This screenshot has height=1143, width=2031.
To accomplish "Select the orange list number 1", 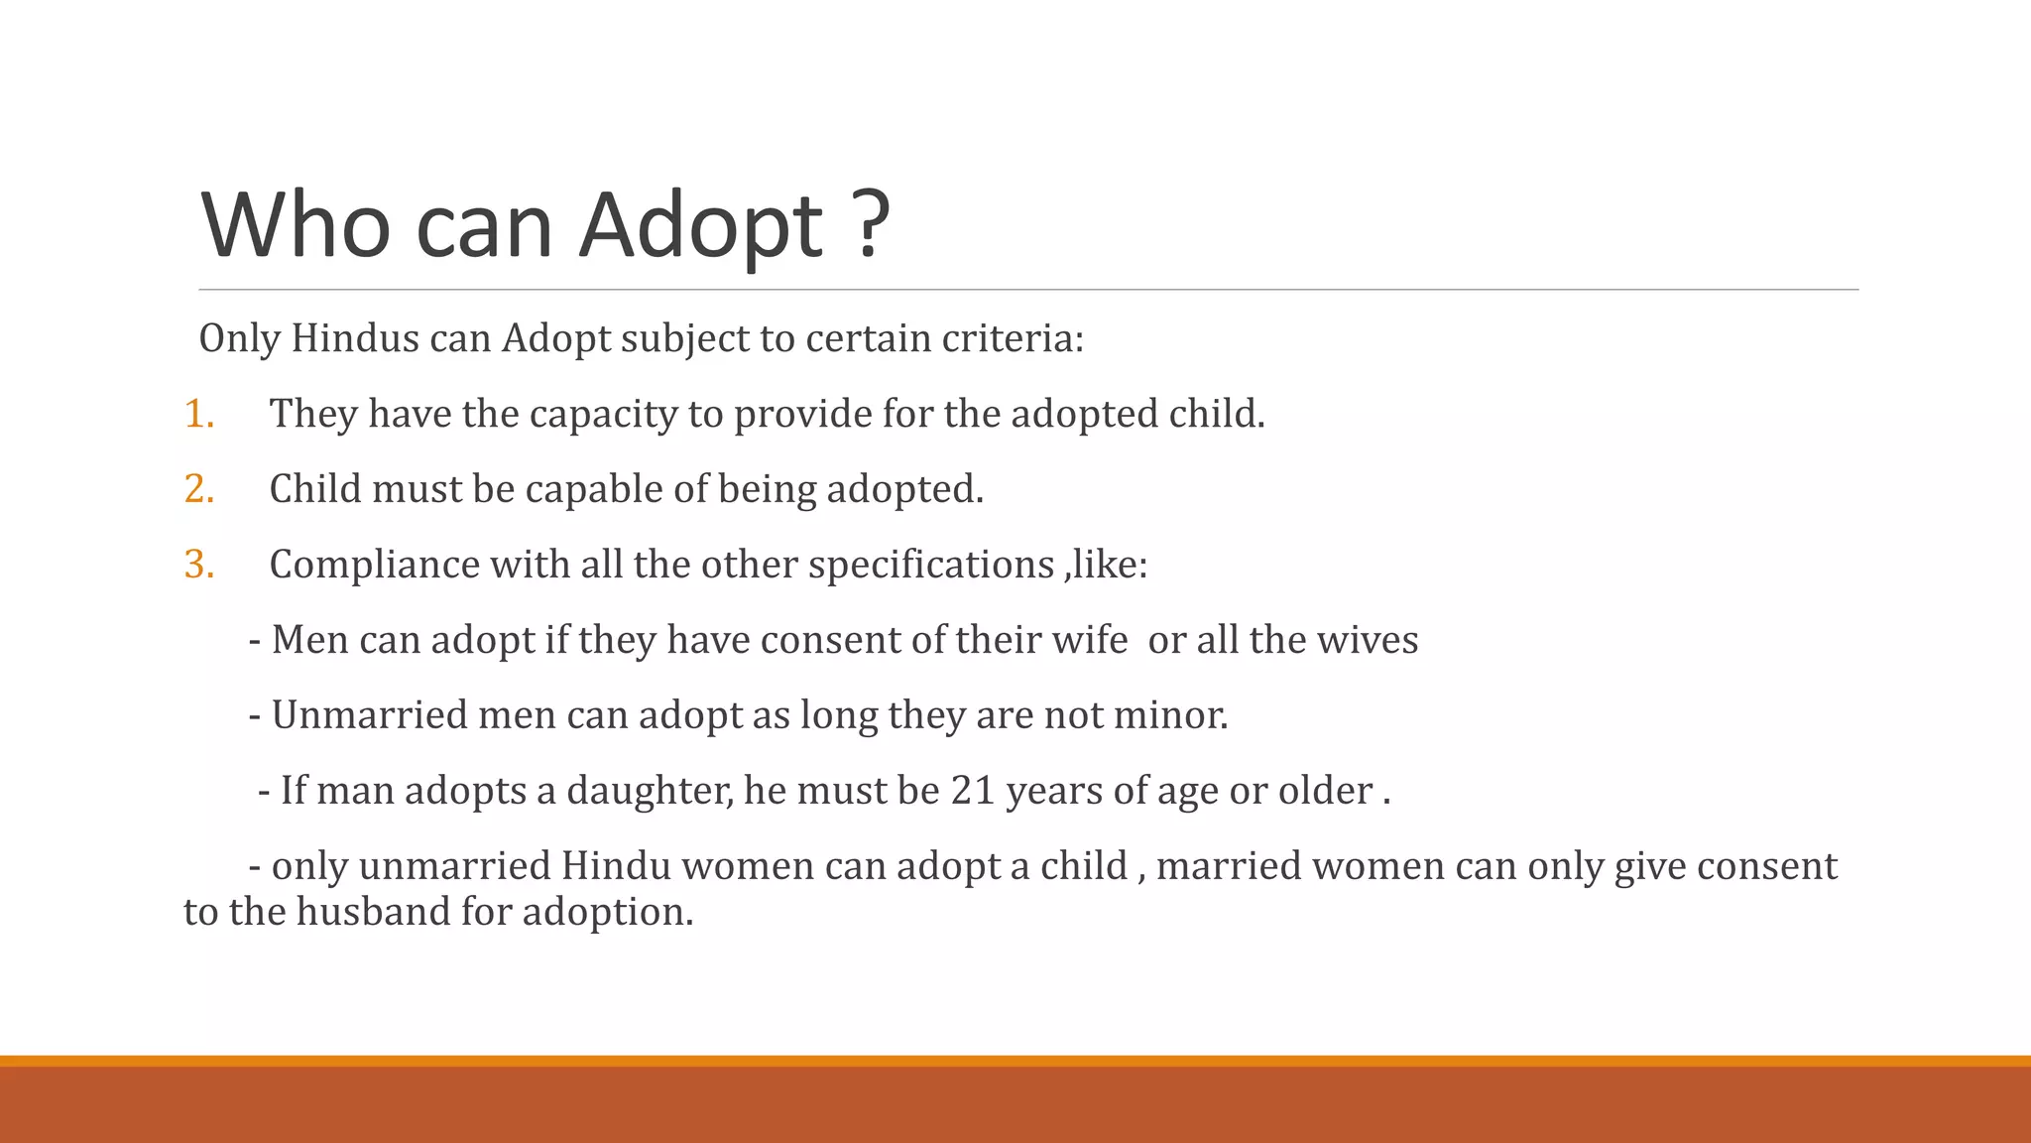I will point(198,414).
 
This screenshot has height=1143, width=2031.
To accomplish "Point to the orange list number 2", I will point(198,489).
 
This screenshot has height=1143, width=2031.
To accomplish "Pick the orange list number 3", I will point(198,565).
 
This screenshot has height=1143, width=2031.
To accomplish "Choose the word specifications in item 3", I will point(930,565).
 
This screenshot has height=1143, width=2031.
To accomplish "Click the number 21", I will point(973,791).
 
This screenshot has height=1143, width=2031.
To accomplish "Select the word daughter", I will point(650,791).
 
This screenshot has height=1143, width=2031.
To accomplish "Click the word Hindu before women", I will point(616,866).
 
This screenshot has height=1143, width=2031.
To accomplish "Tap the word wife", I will point(1090,640).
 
